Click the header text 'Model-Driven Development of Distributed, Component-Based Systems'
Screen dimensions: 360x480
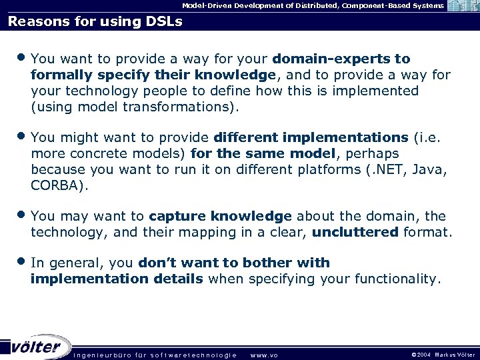click(313, 5)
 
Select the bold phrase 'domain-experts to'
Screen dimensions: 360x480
click(341, 59)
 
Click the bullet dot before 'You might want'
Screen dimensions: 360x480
click(22, 137)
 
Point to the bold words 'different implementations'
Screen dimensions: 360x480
click(311, 137)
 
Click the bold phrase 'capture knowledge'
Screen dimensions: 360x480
click(220, 216)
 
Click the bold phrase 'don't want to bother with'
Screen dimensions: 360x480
click(234, 263)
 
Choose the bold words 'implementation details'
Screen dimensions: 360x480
click(117, 279)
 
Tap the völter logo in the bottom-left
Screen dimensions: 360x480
click(36, 347)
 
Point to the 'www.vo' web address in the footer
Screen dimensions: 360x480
click(263, 355)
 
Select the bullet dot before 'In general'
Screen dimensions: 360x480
click(22, 262)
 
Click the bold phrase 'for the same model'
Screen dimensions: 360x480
click(264, 153)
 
